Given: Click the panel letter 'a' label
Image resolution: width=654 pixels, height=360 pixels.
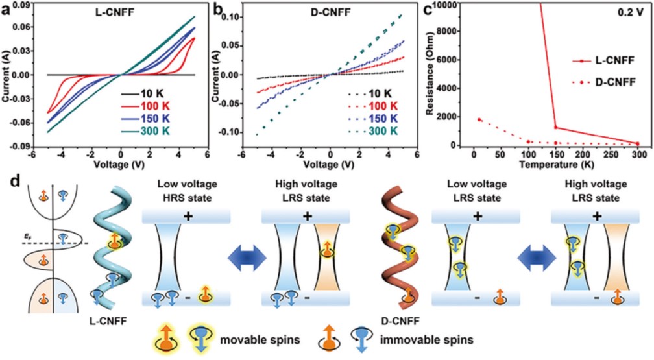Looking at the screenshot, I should coord(6,8).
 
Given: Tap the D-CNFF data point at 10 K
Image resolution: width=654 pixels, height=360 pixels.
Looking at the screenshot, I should coord(479,119).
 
